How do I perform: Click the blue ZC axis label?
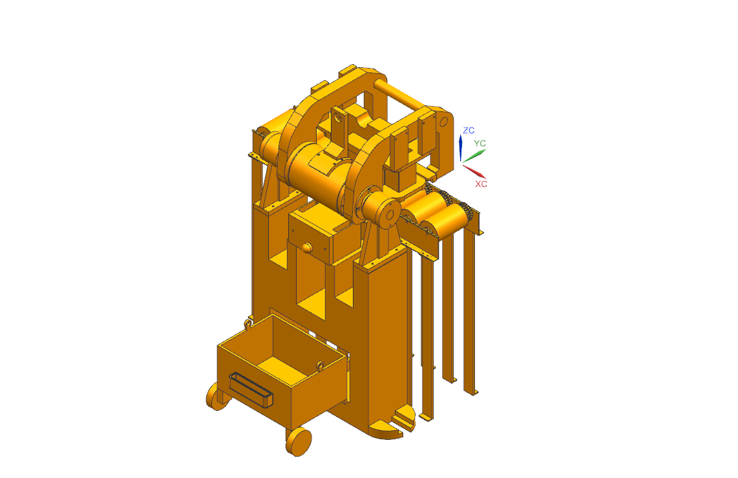469,131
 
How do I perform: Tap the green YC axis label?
480,143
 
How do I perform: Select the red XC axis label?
481,184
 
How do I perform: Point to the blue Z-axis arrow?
461,148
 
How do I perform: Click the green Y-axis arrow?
474,156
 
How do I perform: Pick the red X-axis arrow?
474,171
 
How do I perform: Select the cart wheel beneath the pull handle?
217,397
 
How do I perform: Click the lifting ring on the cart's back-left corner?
248,323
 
